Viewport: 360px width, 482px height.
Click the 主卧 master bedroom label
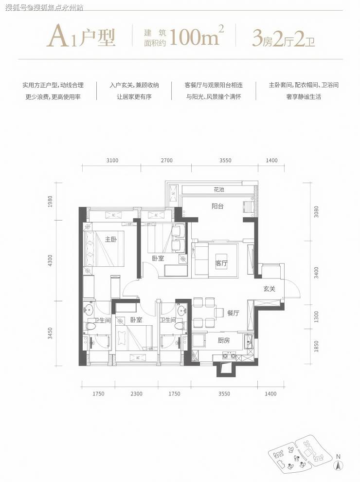[110, 239]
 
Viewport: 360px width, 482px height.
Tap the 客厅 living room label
[222, 263]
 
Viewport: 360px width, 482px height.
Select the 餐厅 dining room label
[233, 313]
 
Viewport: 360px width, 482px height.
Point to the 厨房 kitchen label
[224, 340]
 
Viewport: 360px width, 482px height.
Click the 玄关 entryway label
[270, 289]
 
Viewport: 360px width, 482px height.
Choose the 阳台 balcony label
[217, 206]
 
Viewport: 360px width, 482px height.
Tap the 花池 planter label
[219, 190]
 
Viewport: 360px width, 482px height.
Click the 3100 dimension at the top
[112, 160]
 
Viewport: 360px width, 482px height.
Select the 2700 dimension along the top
[167, 160]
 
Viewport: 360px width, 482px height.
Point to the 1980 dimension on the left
[51, 202]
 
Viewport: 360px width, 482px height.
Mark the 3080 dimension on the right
[316, 211]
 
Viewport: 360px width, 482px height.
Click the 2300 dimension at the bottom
[136, 393]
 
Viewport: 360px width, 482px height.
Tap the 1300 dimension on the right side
[316, 316]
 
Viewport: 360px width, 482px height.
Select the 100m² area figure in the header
[197, 37]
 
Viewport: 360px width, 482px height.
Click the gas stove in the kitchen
[229, 356]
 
